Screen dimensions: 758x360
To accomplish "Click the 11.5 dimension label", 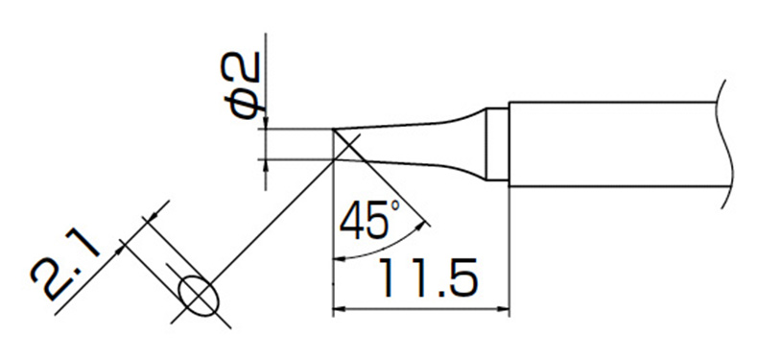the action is tap(428, 278).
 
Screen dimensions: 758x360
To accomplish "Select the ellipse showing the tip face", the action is tap(199, 296).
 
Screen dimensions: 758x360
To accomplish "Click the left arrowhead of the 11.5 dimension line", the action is tap(340, 308).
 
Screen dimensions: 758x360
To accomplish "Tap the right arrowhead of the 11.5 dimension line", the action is tap(503, 308).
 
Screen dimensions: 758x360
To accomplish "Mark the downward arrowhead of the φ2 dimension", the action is tap(266, 123).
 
